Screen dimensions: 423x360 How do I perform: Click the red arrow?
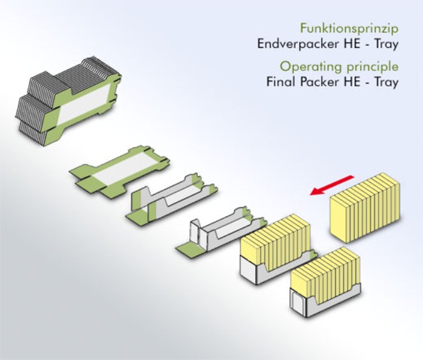tap(331, 184)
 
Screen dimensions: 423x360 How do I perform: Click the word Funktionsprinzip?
tap(349, 28)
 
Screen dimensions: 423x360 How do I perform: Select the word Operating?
tap(311, 67)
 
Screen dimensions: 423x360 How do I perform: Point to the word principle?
tap(373, 67)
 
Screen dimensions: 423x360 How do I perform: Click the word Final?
tap(280, 82)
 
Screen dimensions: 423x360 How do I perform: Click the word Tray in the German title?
tap(386, 44)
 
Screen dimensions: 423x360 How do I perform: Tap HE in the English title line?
tap(352, 82)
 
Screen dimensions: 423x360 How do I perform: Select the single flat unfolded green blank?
tap(119, 172)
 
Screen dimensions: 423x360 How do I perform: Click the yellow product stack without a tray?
tap(365, 208)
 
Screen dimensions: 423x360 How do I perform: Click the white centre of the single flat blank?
tap(123, 169)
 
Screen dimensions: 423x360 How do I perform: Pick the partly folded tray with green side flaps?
tap(171, 197)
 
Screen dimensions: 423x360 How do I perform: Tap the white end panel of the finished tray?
tap(298, 303)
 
